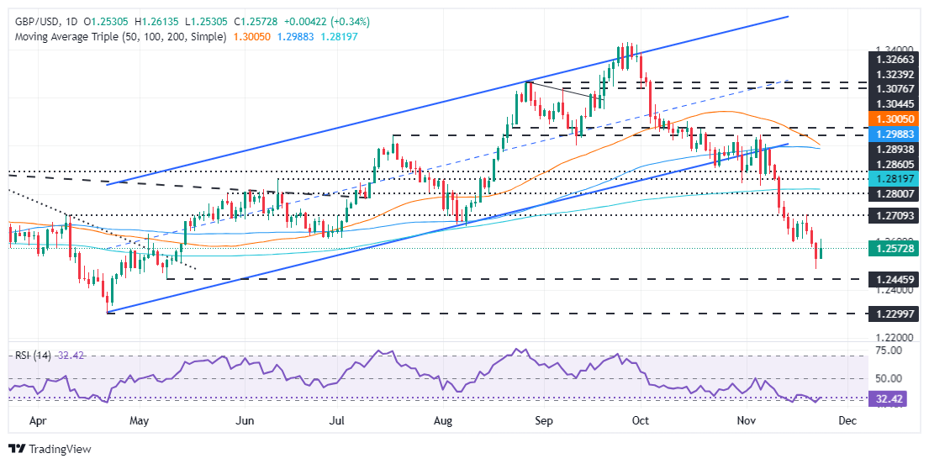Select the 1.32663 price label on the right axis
894,61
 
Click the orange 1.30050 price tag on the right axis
894,120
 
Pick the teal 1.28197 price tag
894,179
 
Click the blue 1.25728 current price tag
894,249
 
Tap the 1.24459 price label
894,278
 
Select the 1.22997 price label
894,313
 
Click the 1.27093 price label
894,215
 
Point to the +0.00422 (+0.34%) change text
329,20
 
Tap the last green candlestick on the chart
821,249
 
